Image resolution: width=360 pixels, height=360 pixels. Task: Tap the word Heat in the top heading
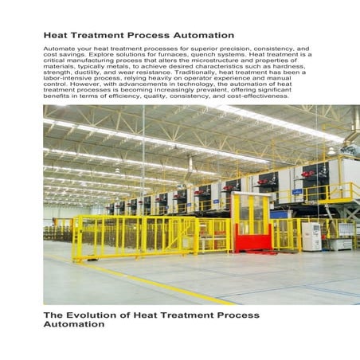(x=55, y=36)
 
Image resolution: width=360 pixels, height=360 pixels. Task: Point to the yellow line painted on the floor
(x=159, y=285)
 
